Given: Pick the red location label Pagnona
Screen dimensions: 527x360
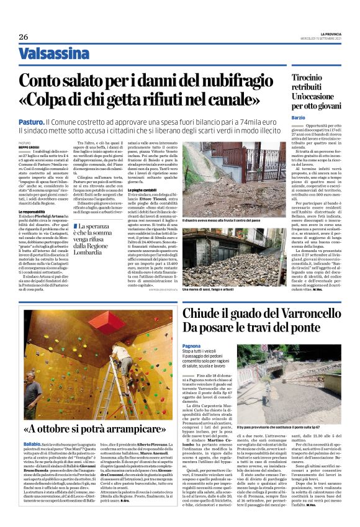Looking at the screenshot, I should (x=191, y=345).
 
